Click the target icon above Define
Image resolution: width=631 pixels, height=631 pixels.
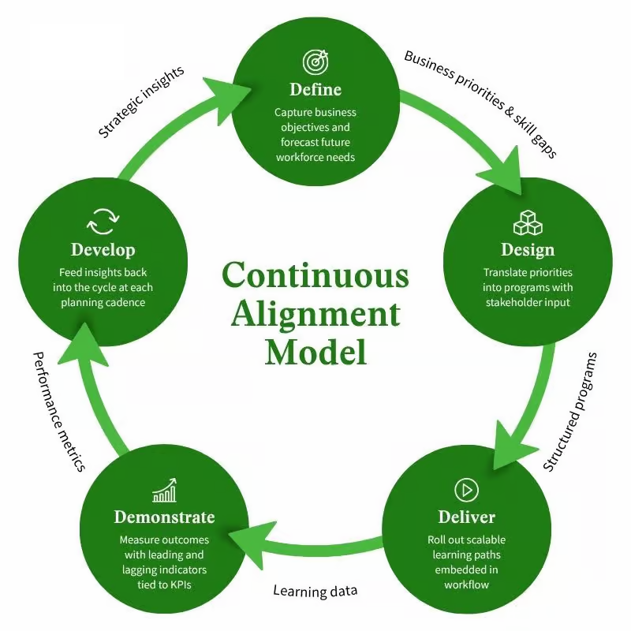[315, 61]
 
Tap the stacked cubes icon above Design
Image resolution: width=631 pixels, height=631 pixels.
[527, 222]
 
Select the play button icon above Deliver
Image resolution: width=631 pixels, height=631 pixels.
[467, 490]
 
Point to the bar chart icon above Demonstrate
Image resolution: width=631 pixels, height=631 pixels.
[164, 492]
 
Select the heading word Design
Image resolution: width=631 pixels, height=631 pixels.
[528, 250]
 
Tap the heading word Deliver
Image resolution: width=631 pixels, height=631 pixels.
[467, 517]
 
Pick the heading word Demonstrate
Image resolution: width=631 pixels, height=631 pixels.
[164, 517]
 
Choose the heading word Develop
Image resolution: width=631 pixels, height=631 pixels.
[103, 250]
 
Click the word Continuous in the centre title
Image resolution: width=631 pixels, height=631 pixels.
[315, 275]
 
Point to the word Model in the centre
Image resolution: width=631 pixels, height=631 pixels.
[315, 351]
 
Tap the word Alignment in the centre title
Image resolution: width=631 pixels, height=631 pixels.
[315, 313]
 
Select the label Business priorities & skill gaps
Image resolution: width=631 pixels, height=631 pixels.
[480, 103]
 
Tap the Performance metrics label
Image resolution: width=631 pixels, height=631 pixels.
[58, 411]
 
